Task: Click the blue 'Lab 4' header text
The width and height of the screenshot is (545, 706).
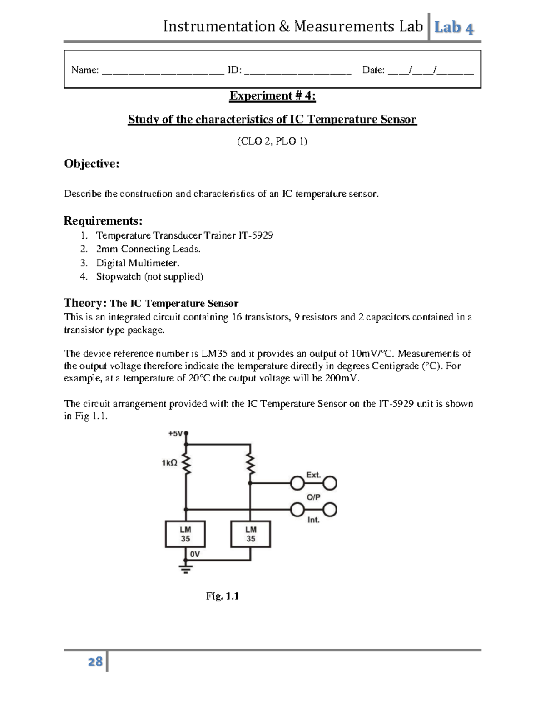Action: [454, 28]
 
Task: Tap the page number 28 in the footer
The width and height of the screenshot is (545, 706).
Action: [95, 661]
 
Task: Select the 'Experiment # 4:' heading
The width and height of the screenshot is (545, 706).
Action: [272, 95]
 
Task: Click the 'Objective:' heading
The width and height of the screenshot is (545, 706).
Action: [92, 164]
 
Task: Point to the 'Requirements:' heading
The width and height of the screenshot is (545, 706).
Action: [103, 221]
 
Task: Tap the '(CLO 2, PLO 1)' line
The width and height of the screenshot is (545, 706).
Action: [272, 141]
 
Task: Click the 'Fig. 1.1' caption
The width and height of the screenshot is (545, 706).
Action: [222, 596]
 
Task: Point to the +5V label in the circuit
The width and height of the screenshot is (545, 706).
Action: [175, 434]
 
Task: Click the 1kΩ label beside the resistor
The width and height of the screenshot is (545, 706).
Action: [169, 463]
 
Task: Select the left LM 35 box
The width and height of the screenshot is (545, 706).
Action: [185, 534]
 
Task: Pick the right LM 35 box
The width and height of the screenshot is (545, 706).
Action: [251, 534]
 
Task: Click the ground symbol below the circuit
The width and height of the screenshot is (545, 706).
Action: [185, 568]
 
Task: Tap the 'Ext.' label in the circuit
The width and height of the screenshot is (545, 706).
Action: [313, 475]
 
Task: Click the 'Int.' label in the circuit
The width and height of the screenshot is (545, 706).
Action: [313, 520]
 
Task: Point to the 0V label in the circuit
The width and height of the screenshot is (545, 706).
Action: [195, 554]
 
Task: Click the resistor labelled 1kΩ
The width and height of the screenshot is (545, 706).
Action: [186, 464]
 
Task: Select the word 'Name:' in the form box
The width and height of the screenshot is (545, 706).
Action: [85, 70]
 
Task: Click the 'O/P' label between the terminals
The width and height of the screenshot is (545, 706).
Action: [313, 497]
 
